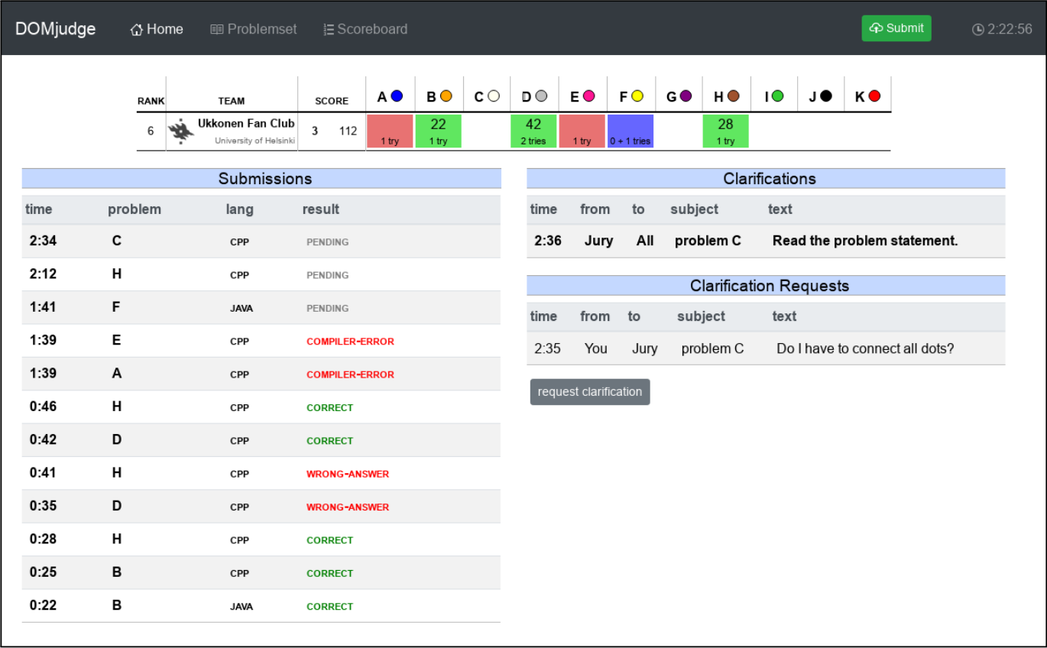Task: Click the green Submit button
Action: pyautogui.click(x=896, y=28)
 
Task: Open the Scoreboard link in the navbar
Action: pyautogui.click(x=365, y=29)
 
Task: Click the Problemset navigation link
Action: pyautogui.click(x=253, y=29)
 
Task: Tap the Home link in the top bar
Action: pyautogui.click(x=157, y=29)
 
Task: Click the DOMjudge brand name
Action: pyautogui.click(x=55, y=29)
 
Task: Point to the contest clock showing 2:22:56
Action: pyautogui.click(x=1002, y=29)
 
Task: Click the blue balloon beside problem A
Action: pyautogui.click(x=397, y=96)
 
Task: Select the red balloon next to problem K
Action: pyautogui.click(x=874, y=96)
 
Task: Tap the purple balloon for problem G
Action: pyautogui.click(x=686, y=96)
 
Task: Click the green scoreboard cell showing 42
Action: pyautogui.click(x=533, y=131)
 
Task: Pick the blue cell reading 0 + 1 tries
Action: pyautogui.click(x=630, y=131)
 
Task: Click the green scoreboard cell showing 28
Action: pyautogui.click(x=725, y=131)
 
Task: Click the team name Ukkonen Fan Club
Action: pyautogui.click(x=246, y=123)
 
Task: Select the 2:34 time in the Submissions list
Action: pyautogui.click(x=43, y=241)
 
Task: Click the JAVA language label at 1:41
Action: pyautogui.click(x=241, y=309)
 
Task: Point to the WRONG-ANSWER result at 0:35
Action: pyautogui.click(x=348, y=507)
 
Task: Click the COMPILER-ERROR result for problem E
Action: pyautogui.click(x=350, y=342)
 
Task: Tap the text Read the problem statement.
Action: pyautogui.click(x=865, y=241)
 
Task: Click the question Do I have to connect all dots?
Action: pyautogui.click(x=865, y=348)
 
